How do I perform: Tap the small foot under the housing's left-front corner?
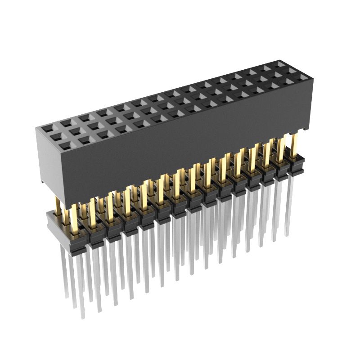(42, 181)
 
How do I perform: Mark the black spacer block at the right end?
(297, 166)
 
